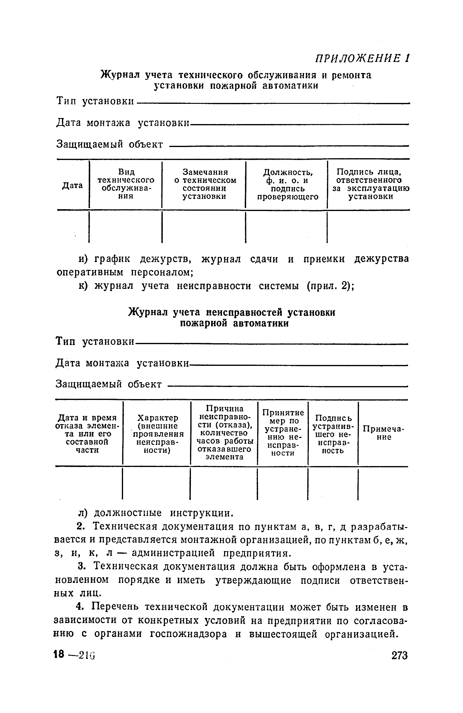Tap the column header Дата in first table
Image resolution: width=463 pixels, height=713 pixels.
[73, 185]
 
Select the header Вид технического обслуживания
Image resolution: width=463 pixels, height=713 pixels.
[126, 184]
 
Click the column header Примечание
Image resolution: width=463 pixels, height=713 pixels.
[383, 433]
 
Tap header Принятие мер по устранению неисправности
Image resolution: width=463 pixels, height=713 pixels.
[283, 433]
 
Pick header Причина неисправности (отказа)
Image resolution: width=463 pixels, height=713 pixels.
[224, 433]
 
